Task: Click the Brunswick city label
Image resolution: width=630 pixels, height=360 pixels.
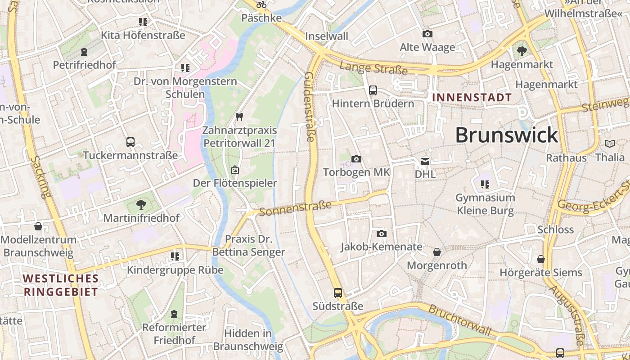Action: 507,135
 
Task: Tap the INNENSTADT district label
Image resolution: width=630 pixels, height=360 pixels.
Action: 472,98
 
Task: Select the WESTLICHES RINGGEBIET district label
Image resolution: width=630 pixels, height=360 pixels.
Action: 61,285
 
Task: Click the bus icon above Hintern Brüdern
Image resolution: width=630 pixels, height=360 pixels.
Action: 373,90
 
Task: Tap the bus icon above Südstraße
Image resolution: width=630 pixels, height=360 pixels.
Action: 338,293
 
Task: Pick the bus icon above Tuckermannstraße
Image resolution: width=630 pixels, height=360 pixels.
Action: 130,142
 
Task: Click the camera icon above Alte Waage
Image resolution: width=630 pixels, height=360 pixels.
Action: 427,34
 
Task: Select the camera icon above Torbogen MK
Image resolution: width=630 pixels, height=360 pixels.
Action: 356,159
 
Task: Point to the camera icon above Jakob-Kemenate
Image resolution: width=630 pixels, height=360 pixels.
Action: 382,234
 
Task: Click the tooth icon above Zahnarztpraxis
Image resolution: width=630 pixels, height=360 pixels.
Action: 239,117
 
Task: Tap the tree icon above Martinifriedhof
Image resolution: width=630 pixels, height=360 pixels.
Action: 141,205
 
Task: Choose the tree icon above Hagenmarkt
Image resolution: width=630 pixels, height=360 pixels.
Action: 522,51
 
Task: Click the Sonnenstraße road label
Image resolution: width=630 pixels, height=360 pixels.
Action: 295,208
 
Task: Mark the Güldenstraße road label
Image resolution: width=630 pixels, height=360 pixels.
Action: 310,107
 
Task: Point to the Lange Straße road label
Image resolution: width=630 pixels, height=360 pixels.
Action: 373,68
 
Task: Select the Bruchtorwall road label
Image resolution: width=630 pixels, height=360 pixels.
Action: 459,320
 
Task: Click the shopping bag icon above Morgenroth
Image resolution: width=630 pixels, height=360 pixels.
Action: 436,252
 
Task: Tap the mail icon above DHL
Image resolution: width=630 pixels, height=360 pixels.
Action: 425,161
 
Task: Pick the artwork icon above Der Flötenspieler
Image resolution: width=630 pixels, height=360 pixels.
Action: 234,170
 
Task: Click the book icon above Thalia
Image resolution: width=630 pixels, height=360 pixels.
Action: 610,144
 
